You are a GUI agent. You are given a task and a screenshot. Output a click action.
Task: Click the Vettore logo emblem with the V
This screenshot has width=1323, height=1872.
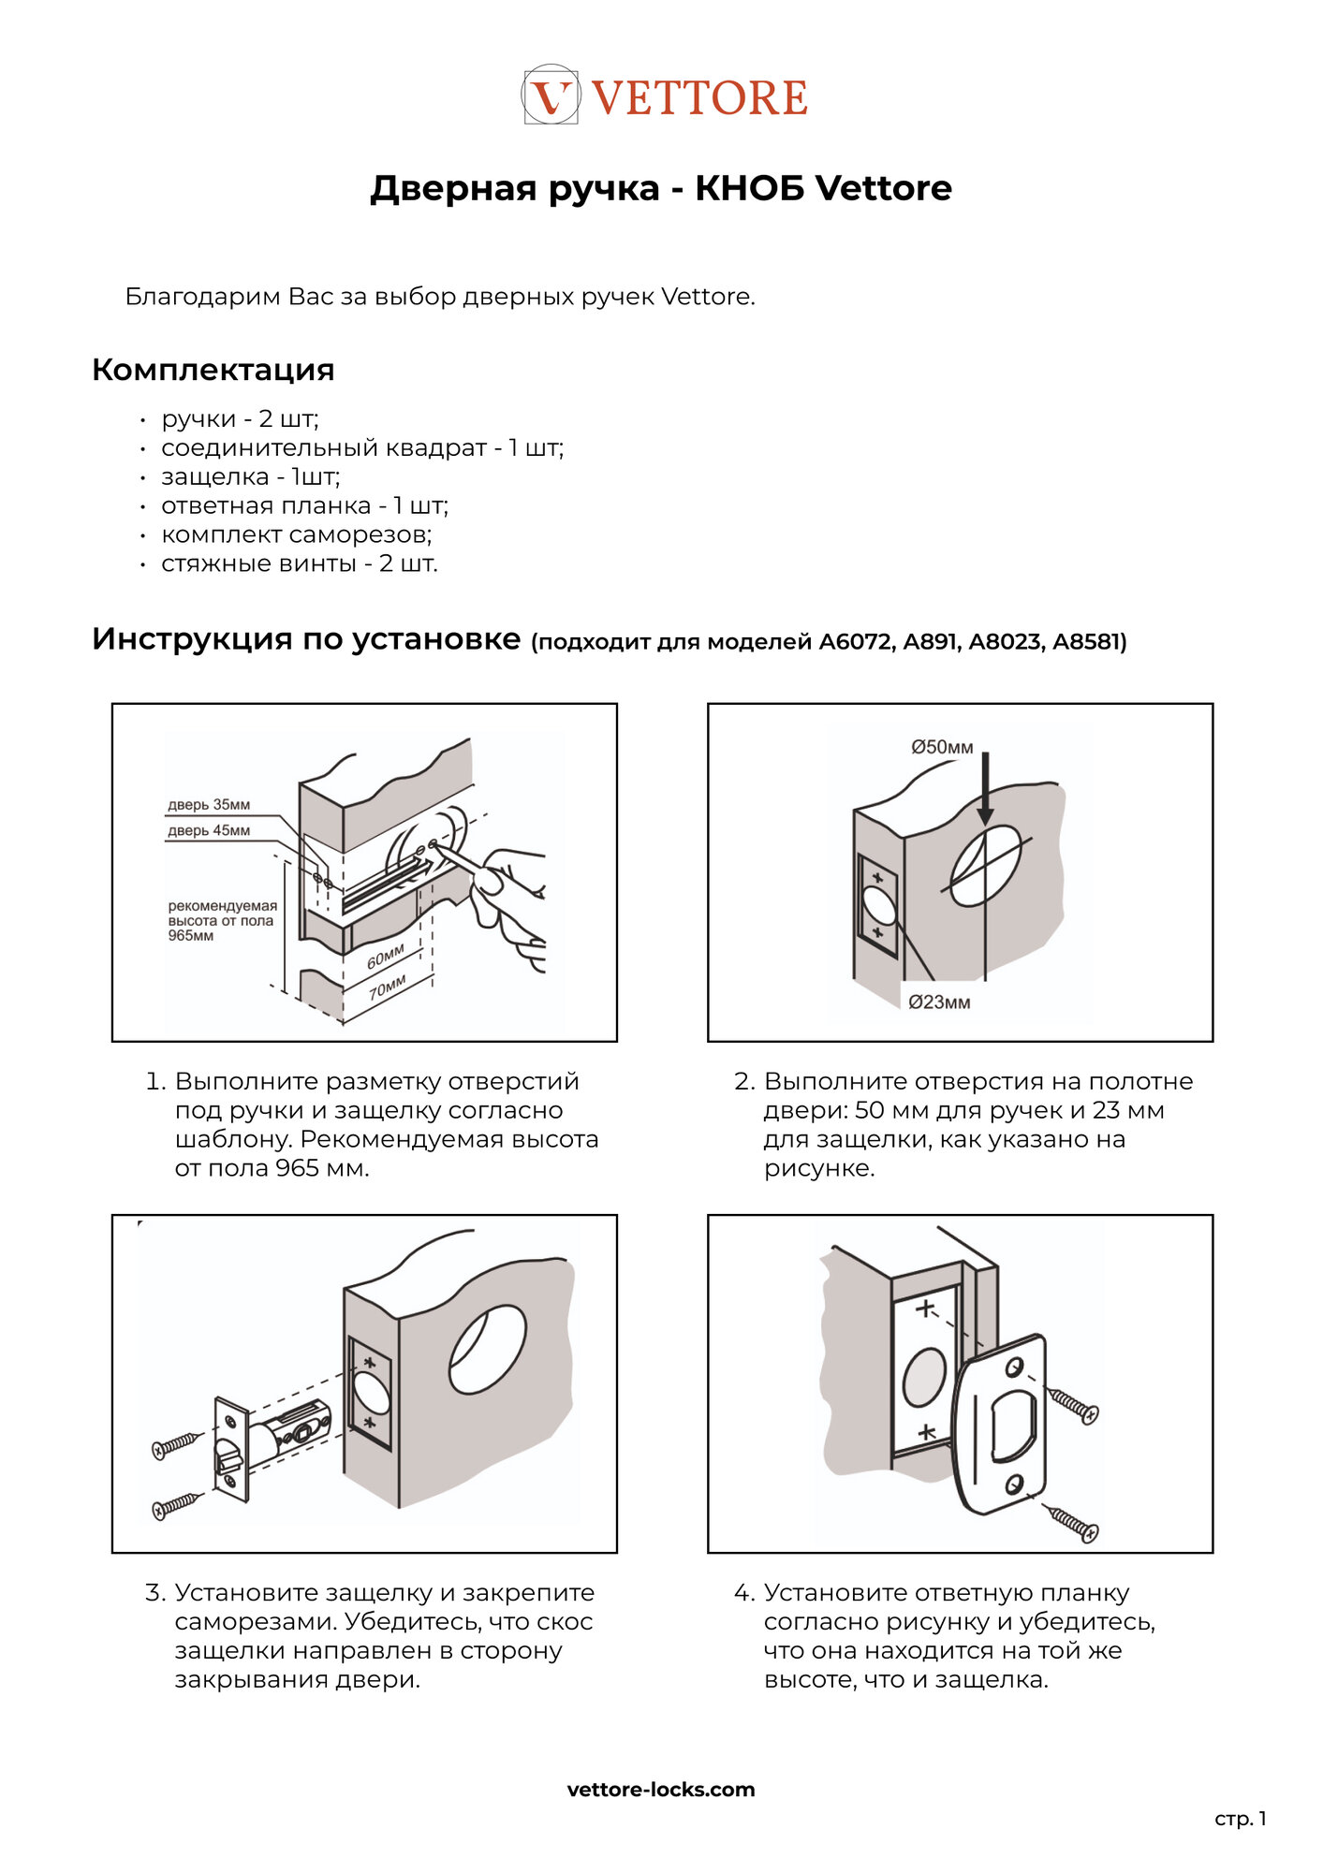tap(551, 95)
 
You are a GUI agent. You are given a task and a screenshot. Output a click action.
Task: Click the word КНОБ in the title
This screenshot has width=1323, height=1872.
tap(749, 188)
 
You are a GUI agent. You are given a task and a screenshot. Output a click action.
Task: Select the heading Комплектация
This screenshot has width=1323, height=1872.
tap(213, 370)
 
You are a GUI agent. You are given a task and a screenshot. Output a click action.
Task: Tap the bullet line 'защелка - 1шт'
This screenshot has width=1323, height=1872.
tap(250, 476)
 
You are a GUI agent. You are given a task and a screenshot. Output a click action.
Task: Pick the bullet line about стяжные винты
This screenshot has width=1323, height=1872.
tap(299, 563)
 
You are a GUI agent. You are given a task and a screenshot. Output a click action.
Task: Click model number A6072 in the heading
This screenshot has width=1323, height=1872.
tap(856, 642)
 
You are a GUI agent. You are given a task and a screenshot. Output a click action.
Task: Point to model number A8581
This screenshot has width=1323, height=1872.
tap(1086, 642)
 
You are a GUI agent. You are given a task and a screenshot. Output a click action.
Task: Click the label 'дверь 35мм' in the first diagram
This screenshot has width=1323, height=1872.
tap(209, 804)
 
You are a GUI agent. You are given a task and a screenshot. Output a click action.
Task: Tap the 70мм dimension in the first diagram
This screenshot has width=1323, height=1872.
tap(388, 987)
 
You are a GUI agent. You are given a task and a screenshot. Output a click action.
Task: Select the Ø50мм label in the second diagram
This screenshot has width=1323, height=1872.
tap(942, 747)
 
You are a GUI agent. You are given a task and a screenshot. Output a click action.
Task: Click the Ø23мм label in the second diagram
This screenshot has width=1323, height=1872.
tap(939, 1002)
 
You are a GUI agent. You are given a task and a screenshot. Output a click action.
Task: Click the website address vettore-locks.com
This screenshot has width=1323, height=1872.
tap(661, 1790)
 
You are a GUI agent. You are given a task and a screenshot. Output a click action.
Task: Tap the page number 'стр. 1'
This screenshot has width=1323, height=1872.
tap(1240, 1819)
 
